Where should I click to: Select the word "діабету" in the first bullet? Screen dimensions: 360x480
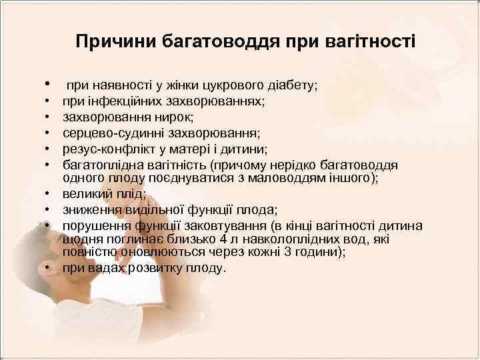point(289,86)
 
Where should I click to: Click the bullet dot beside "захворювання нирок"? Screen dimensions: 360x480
point(50,117)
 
